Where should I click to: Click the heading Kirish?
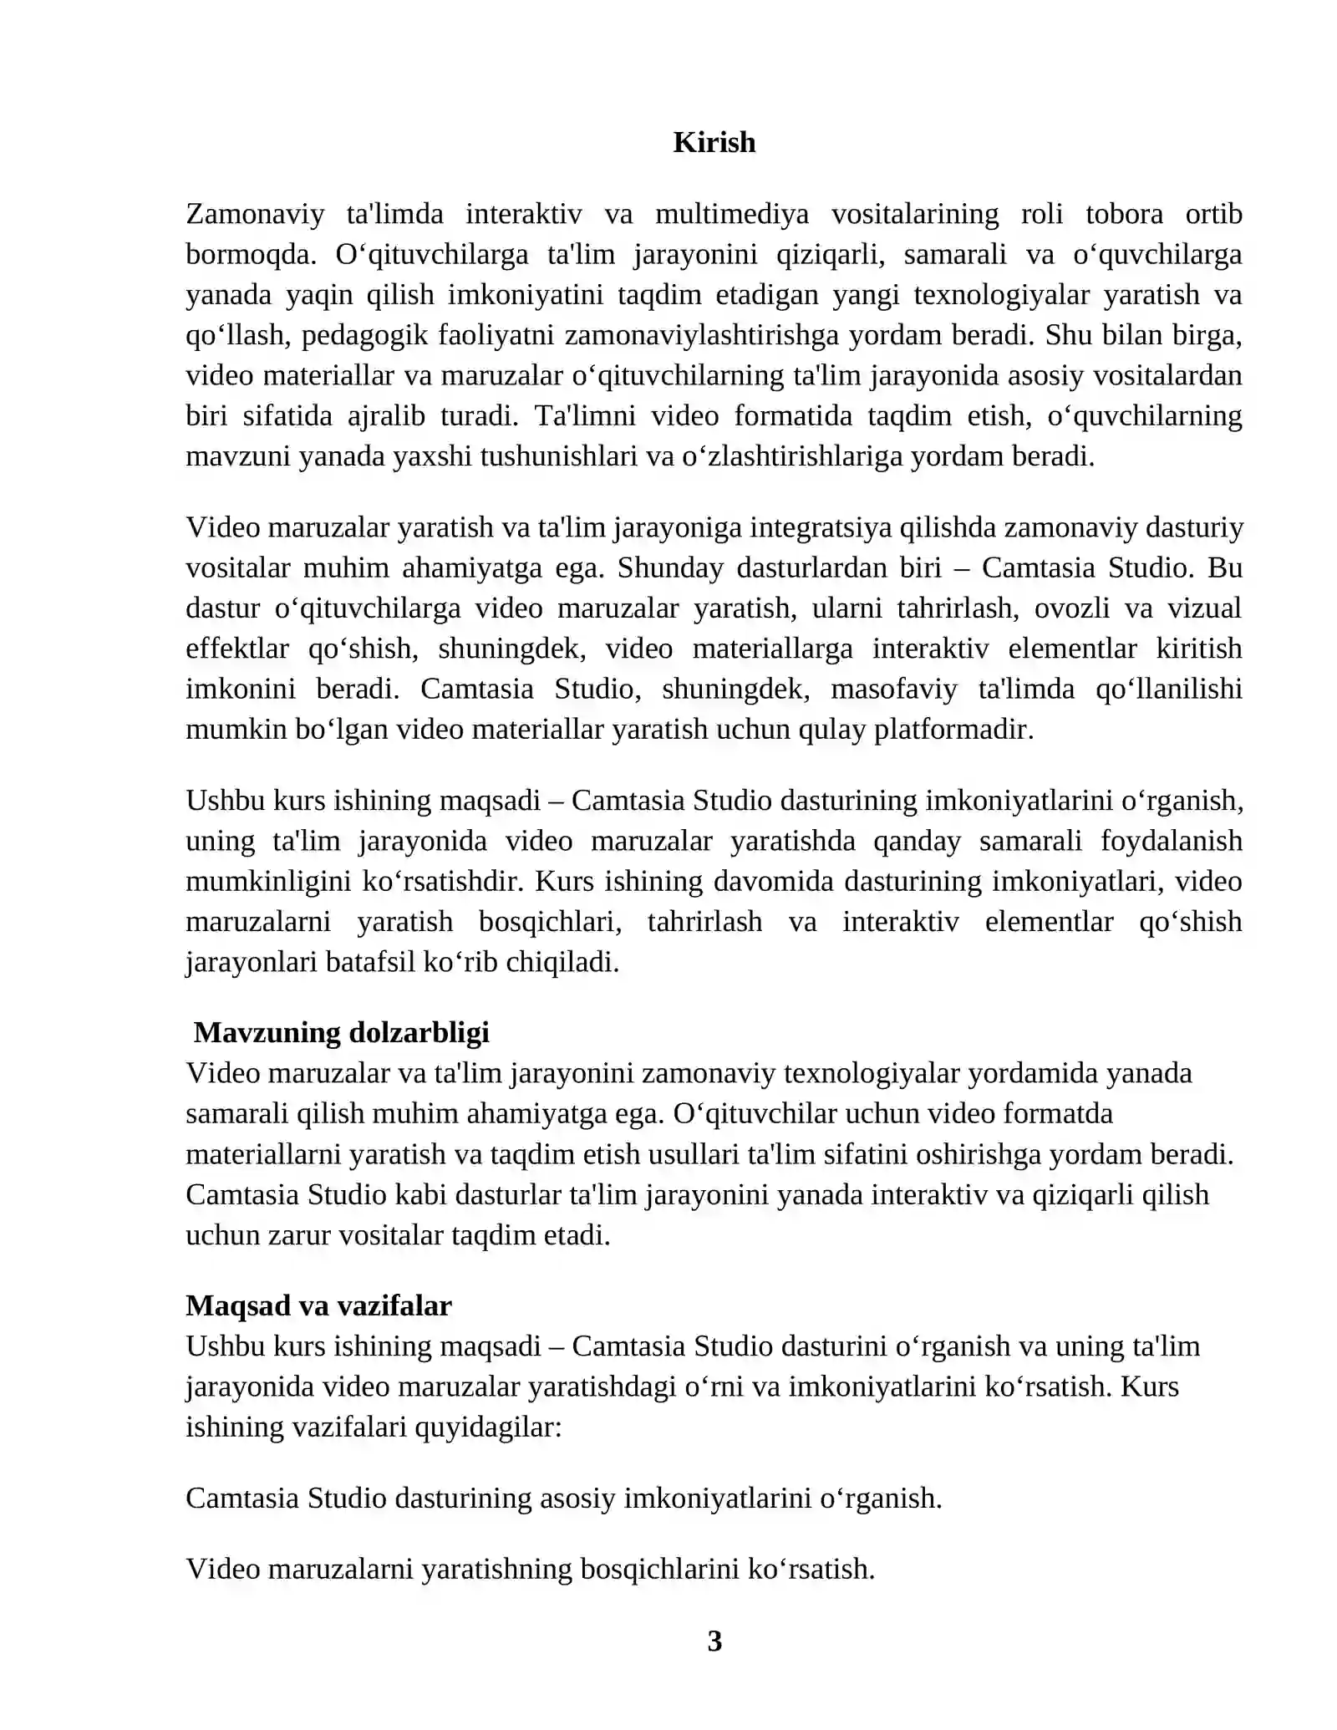(x=714, y=142)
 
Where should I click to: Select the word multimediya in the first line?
(x=731, y=214)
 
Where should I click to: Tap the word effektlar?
(x=237, y=649)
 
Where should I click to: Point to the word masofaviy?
(x=892, y=689)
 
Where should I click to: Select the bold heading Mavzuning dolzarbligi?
(x=341, y=1033)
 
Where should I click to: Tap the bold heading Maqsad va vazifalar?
(x=318, y=1305)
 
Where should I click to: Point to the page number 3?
(x=714, y=1641)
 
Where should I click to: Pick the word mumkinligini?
(x=265, y=882)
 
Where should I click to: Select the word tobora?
(x=1124, y=214)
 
